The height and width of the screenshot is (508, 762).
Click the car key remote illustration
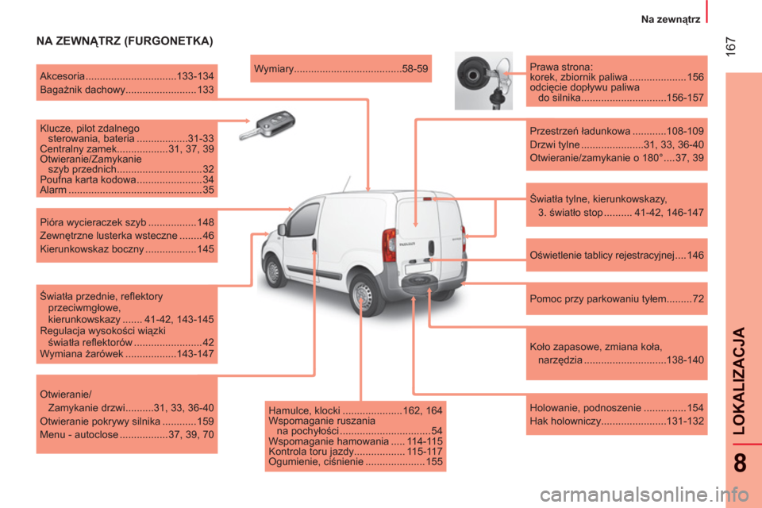click(267, 125)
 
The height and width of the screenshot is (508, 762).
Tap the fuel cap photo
click(483, 81)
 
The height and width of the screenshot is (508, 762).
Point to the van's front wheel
click(274, 271)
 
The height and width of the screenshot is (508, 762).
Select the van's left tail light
click(389, 244)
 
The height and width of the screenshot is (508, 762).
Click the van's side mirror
click(281, 229)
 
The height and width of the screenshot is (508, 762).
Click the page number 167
click(730, 47)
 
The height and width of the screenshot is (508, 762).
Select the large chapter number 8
click(740, 463)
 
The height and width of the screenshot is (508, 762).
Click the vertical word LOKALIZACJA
click(739, 381)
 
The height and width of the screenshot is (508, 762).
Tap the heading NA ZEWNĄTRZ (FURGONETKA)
click(125, 40)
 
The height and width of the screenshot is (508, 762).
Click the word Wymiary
click(274, 69)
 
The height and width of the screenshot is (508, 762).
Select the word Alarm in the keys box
click(53, 190)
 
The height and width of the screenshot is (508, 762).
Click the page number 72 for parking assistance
click(698, 298)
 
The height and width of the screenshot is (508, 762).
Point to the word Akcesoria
click(62, 76)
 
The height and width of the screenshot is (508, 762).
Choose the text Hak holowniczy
click(565, 421)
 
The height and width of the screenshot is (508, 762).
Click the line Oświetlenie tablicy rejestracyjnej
click(602, 256)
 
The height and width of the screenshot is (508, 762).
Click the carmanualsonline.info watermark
click(644, 495)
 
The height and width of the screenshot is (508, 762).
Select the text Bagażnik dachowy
click(83, 90)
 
